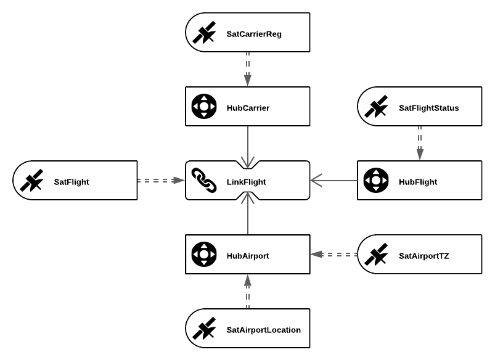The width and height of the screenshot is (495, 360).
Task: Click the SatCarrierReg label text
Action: pos(254,34)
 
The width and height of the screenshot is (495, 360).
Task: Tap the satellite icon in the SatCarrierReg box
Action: pos(204,32)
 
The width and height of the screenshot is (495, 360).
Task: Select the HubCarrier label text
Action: pos(248,108)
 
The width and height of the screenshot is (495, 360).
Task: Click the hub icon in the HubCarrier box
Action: pos(204,107)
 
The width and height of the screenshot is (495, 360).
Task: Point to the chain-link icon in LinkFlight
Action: pos(204,181)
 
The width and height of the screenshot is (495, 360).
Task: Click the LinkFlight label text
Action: pos(246,182)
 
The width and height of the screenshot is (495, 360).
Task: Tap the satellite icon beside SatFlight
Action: pos(31,181)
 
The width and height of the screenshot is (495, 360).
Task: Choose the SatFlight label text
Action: pos(72,182)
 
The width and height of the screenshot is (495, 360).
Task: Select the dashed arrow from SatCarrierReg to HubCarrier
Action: pos(248,69)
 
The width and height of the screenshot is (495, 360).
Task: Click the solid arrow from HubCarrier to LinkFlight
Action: pos(248,147)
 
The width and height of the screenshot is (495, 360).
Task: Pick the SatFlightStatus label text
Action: pos(428,108)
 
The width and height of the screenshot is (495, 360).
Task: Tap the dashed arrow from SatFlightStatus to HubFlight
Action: pos(420,143)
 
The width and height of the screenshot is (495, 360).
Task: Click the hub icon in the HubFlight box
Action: pos(376,181)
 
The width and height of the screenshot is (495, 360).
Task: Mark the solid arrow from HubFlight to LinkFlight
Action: pos(333,181)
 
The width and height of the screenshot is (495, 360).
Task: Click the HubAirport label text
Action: pos(248,256)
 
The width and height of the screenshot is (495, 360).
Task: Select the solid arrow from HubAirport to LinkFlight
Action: pos(248,214)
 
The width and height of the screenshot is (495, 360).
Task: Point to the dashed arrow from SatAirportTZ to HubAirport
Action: pos(333,254)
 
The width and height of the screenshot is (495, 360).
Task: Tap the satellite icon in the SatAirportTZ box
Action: pos(376,254)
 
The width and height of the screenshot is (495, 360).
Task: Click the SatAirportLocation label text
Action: pos(264,330)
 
